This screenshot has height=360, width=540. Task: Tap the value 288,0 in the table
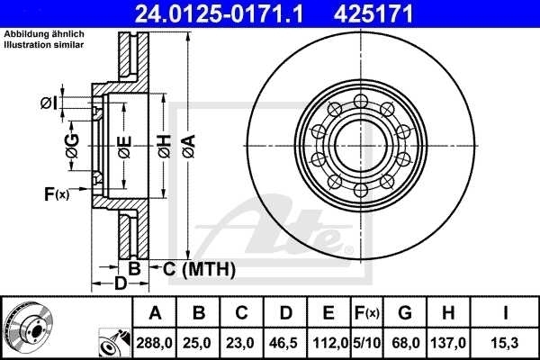click(155, 342)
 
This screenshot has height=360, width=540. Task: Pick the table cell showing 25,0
click(199, 342)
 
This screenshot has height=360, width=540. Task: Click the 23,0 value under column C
click(242, 342)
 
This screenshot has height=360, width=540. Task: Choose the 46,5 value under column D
click(285, 342)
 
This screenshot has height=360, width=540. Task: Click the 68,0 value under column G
click(404, 342)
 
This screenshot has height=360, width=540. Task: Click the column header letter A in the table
click(155, 313)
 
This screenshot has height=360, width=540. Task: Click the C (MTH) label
click(200, 268)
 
